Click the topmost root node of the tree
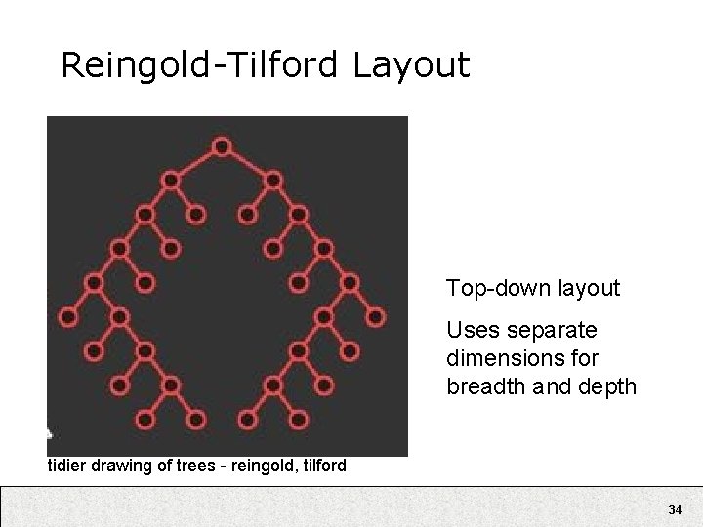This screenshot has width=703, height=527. tap(222, 146)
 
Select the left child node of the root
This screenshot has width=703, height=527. tap(170, 180)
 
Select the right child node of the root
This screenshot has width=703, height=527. tap(273, 180)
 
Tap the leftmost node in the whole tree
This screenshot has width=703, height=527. tap(68, 317)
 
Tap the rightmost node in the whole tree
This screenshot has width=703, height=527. tap(376, 317)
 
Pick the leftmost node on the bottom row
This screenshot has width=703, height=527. tap(145, 420)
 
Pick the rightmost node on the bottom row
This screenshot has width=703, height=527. tap(299, 420)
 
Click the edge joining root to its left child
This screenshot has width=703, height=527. tap(195, 163)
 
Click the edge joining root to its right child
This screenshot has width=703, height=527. tap(248, 163)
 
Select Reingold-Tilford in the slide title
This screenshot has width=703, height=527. tap(200, 65)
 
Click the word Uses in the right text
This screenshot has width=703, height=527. tap(468, 331)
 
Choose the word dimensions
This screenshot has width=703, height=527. tap(494, 358)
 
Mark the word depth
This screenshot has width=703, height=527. tap(613, 386)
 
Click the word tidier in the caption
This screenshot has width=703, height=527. tap(67, 466)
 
